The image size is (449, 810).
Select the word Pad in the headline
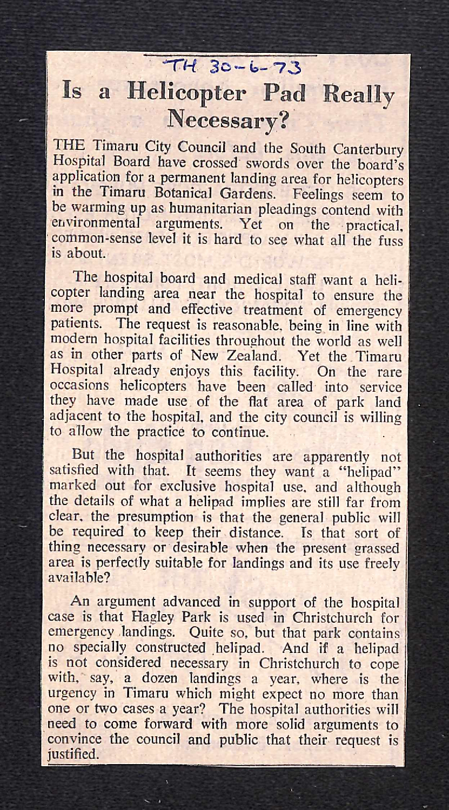point(283,93)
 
